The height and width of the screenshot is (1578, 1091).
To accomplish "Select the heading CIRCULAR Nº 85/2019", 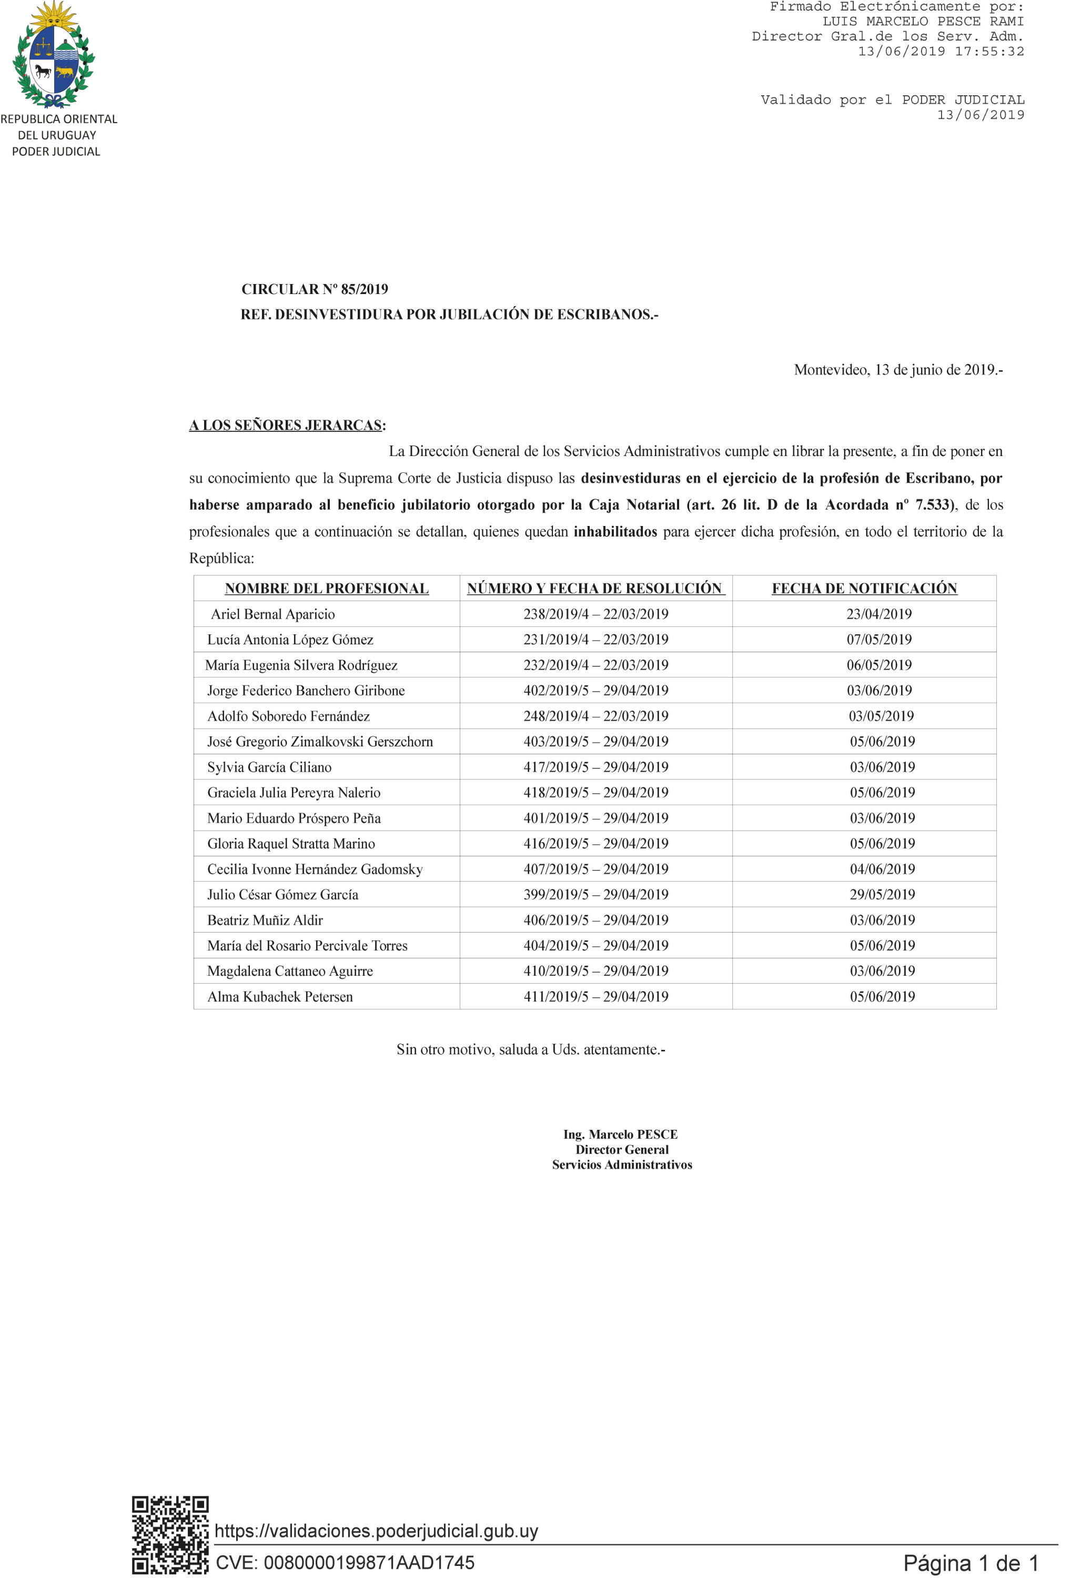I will [x=315, y=289].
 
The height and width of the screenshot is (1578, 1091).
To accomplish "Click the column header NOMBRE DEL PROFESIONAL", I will [x=327, y=589].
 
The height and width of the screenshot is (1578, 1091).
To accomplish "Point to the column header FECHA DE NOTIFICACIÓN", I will [x=864, y=589].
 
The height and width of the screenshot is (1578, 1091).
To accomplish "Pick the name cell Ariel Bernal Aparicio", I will [x=272, y=614].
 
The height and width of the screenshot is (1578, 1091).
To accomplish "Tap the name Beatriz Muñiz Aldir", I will [x=265, y=920].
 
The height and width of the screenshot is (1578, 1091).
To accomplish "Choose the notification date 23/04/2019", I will [x=879, y=614].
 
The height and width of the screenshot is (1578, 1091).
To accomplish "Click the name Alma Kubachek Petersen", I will [x=280, y=996].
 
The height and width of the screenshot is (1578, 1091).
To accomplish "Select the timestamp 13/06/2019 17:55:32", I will [x=941, y=51].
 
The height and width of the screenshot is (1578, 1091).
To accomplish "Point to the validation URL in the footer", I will [x=377, y=1531].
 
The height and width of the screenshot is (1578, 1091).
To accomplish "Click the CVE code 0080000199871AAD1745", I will [x=345, y=1562].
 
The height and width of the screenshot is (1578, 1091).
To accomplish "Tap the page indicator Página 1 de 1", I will [x=971, y=1563].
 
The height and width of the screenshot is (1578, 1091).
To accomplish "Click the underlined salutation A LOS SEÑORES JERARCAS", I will [x=286, y=425].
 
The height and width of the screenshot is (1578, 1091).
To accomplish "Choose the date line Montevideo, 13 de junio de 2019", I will [x=897, y=370].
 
